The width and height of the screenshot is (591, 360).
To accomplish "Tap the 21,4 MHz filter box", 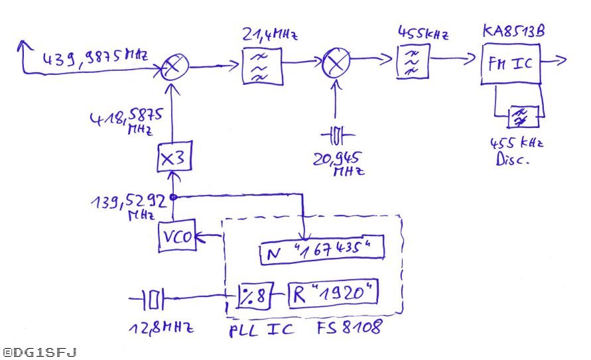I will click(x=261, y=64).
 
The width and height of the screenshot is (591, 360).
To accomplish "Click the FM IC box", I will click(x=511, y=64).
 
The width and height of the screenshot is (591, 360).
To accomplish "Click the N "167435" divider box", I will click(x=322, y=250).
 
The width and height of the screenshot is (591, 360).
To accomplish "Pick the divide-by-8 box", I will click(x=252, y=296).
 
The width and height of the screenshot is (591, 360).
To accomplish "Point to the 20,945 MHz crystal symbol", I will click(x=338, y=136).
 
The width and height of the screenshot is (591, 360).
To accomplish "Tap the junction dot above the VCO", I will click(x=172, y=197).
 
